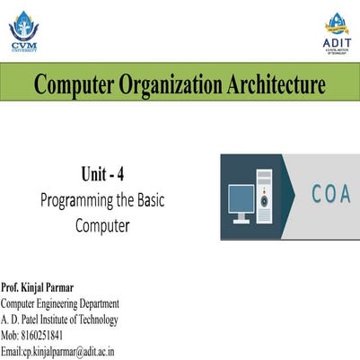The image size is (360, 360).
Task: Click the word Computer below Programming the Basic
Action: click(102, 224)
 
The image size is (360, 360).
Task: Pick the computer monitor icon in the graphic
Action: click(241, 201)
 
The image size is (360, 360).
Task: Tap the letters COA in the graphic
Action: click(330, 195)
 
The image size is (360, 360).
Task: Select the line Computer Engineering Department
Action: click(60, 304)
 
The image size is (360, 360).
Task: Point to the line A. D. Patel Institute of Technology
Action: click(59, 320)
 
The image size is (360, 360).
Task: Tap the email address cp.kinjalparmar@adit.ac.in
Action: click(69, 351)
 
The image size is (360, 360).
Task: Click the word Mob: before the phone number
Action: click(11, 335)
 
